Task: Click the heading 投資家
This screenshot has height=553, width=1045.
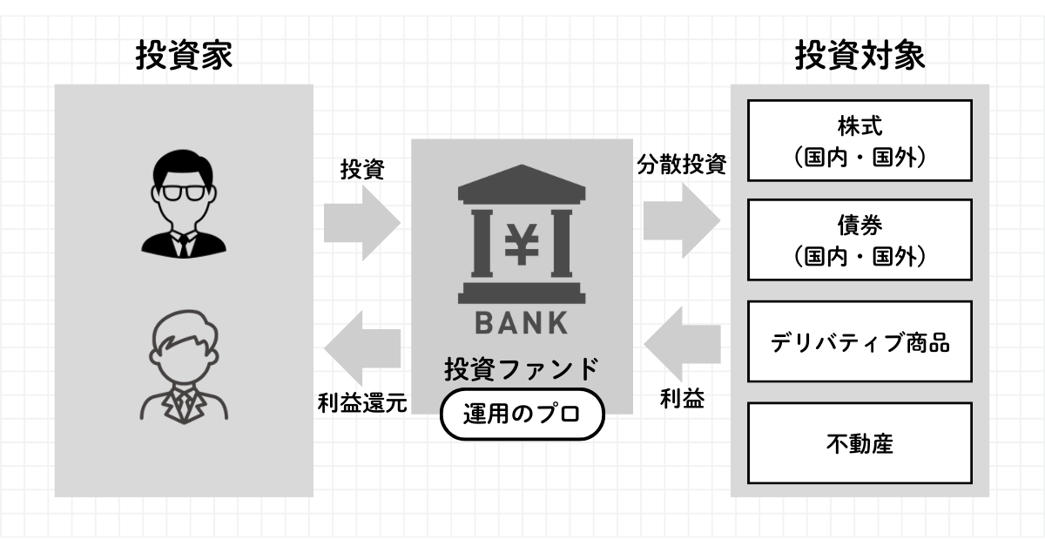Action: point(184,57)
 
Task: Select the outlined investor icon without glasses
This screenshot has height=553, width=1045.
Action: point(184,370)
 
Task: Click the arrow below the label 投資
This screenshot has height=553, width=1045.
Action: point(361,222)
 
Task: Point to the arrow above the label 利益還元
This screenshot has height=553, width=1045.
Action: point(361,348)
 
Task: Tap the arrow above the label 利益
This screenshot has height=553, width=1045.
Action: point(681,340)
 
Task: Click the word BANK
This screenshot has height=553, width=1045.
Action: point(522,323)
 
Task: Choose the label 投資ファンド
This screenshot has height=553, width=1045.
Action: point(522,369)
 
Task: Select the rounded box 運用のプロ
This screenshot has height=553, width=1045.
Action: point(522,415)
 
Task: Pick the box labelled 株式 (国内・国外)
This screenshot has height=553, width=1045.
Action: point(859,140)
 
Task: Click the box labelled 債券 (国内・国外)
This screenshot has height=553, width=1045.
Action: point(859,239)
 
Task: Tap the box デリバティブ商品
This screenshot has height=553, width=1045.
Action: point(859,341)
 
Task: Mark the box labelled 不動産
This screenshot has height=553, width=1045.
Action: point(859,443)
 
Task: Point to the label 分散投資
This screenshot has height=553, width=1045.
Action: point(681,164)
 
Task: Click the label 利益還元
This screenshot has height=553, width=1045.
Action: point(361,404)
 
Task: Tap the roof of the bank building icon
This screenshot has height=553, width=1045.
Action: point(522,184)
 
